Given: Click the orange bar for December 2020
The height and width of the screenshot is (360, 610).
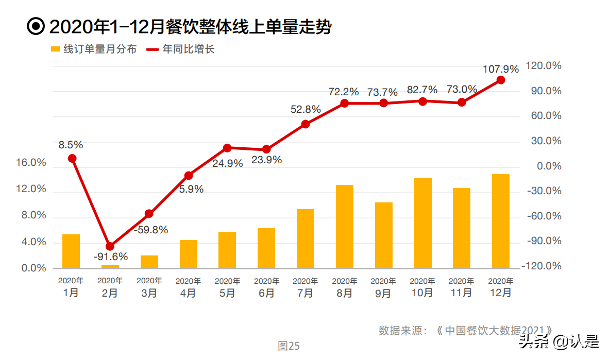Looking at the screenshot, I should click(x=500, y=221).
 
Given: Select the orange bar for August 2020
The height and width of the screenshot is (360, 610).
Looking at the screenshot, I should click(x=345, y=226).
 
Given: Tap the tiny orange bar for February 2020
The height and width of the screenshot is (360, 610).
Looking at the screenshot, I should click(x=110, y=266).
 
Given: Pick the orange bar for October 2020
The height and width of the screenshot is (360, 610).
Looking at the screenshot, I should click(x=422, y=223).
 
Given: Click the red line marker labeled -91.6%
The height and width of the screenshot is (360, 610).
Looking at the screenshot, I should click(x=110, y=246).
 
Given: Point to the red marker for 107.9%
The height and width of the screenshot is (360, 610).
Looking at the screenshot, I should click(x=500, y=80).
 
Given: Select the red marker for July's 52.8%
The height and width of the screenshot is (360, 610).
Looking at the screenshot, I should click(x=306, y=124).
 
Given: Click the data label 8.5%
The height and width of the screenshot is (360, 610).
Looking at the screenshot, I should click(x=71, y=145).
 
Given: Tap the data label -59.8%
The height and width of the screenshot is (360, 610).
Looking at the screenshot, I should click(x=151, y=230).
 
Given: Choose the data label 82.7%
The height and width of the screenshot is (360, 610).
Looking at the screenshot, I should click(x=422, y=90).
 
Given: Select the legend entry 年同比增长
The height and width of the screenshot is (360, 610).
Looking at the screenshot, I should click(x=180, y=49).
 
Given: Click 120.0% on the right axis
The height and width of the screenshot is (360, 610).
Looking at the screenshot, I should click(x=543, y=66).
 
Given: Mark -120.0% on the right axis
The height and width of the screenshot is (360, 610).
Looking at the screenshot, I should click(x=541, y=266).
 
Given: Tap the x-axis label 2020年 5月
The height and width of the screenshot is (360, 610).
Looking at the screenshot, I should click(x=227, y=287).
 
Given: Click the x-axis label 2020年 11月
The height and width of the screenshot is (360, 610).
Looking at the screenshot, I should click(x=461, y=287).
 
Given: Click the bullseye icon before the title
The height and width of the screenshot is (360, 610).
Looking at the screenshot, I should click(x=36, y=27).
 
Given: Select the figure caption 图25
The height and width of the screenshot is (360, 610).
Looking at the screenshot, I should click(x=289, y=346).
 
